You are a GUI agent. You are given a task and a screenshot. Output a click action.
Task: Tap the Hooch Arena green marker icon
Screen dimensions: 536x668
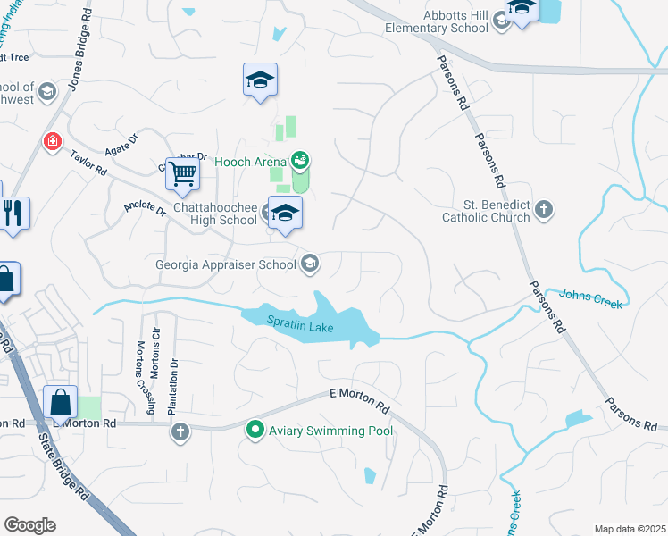pyautogui.click(x=300, y=160)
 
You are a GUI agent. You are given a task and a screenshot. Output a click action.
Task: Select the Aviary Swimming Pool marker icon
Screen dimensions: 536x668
pyautogui.click(x=255, y=431)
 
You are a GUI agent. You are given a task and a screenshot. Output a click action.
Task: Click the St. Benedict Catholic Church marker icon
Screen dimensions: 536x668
pyautogui.click(x=544, y=211)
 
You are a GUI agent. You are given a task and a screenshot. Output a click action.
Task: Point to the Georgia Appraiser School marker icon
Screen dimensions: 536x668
pyautogui.click(x=310, y=264)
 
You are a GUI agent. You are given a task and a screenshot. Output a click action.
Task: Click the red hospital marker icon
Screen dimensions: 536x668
pyautogui.click(x=53, y=142)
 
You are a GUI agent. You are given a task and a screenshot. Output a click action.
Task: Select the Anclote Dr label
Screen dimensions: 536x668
pyautogui.click(x=145, y=210)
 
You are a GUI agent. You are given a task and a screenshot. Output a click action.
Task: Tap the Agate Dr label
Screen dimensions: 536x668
pyautogui.click(x=121, y=145)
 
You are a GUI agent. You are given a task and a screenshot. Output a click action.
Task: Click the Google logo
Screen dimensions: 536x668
pyautogui.click(x=29, y=525)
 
